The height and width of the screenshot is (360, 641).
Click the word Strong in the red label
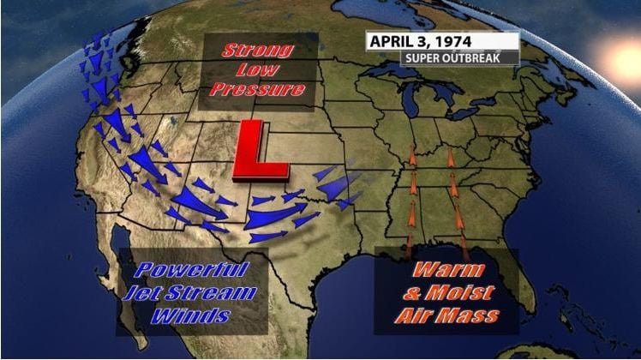point(258,51)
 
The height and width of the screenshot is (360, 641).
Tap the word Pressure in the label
point(258,88)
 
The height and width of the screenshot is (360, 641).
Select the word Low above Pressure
point(258,69)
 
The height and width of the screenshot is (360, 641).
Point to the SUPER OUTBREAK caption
point(459,59)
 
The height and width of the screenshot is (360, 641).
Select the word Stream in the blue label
point(217,293)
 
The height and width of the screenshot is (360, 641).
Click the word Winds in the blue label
point(192,315)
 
